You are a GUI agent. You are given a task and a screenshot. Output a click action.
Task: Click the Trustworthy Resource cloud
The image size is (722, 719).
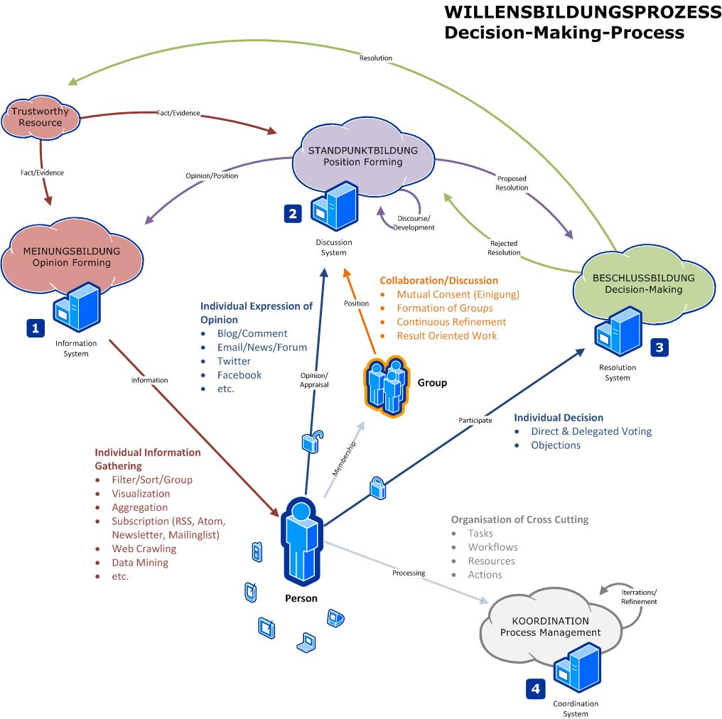tap(41, 117)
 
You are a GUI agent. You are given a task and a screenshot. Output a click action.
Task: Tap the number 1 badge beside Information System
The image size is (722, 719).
tap(35, 328)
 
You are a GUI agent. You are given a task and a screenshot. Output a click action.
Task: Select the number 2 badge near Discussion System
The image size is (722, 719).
tap(292, 213)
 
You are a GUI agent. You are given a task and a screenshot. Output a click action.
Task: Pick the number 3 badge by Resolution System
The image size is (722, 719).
tap(659, 347)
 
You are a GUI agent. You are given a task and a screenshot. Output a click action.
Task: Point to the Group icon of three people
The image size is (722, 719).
tap(386, 385)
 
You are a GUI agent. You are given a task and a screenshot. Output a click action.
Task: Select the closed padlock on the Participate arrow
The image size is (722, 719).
tap(377, 487)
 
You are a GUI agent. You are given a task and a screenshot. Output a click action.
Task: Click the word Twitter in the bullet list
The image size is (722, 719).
tap(234, 361)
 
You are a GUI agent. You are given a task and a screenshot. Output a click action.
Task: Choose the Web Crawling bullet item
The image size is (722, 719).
tap(144, 548)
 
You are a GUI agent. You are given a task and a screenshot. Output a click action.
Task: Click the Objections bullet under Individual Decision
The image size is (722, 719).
tap(556, 445)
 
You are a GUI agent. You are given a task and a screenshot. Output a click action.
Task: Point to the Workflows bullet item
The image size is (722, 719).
tap(492, 547)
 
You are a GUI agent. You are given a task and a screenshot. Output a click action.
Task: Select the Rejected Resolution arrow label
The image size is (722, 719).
tap(504, 248)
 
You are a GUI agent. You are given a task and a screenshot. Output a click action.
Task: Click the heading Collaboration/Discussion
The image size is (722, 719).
tap(438, 281)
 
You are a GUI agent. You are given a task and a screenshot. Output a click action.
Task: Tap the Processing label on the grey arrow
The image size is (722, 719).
tap(409, 573)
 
